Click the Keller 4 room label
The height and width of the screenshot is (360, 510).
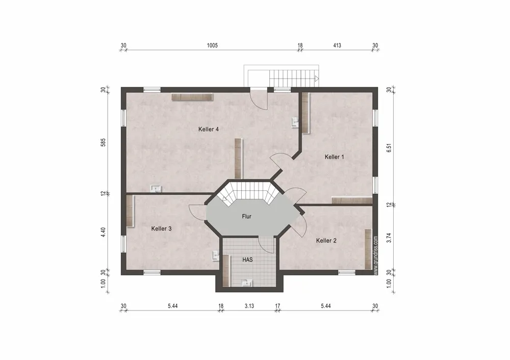click(x=209, y=130)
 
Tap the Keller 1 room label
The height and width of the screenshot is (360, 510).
click(x=335, y=157)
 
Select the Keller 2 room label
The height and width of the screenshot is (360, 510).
click(x=326, y=241)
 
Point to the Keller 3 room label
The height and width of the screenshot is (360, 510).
click(x=161, y=228)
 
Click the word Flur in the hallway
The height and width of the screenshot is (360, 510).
click(x=246, y=216)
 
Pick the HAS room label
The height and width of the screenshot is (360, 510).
click(x=247, y=260)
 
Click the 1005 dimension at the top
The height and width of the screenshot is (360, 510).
click(x=212, y=45)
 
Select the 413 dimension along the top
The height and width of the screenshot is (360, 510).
click(x=337, y=45)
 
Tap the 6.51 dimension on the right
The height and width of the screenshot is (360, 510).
click(x=389, y=148)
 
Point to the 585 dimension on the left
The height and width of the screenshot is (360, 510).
click(x=103, y=142)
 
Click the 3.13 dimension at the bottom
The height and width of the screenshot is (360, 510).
click(x=249, y=306)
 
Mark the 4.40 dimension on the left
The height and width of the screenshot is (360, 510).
click(x=103, y=232)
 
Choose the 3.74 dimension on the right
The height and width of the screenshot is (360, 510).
click(x=389, y=238)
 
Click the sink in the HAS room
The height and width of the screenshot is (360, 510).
click(x=247, y=282)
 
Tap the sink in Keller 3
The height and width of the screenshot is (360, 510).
click(x=216, y=255)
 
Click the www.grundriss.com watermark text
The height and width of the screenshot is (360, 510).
click(x=376, y=255)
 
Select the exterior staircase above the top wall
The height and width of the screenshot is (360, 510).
click(x=282, y=76)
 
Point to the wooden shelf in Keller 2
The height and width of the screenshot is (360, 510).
click(x=368, y=249)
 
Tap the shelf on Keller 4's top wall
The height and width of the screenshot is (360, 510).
click(x=192, y=97)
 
